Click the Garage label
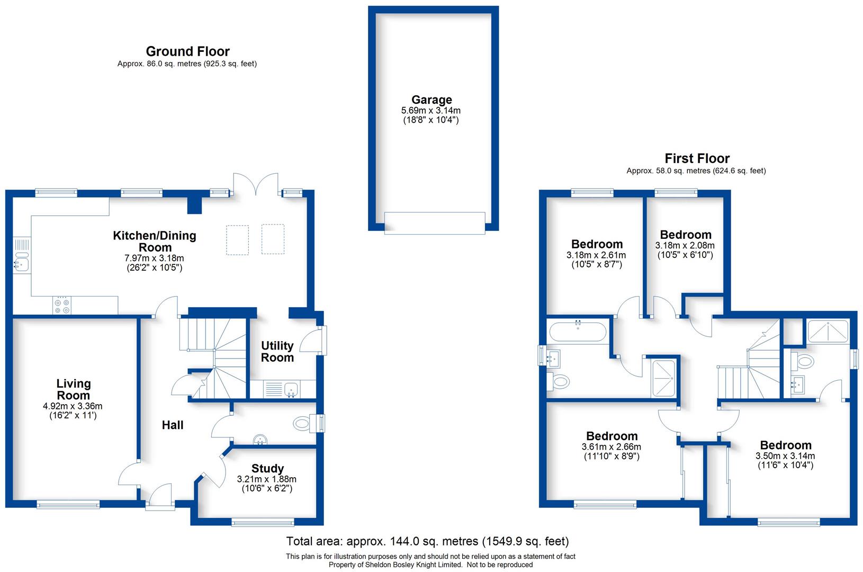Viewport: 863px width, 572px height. [x=432, y=100]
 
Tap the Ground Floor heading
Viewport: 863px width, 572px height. [x=187, y=51]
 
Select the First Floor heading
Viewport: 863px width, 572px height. [x=697, y=158]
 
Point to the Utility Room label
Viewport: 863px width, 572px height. [x=277, y=352]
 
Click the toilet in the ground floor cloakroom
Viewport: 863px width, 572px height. [x=302, y=423]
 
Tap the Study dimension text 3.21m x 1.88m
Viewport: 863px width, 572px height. [x=266, y=479]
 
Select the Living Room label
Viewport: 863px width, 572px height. [x=74, y=389]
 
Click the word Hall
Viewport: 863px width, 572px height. [x=173, y=425]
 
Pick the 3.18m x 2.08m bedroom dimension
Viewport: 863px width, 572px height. [x=685, y=245]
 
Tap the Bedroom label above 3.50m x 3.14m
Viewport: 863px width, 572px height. [x=785, y=445]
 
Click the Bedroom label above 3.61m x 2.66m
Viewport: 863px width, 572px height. [x=612, y=436]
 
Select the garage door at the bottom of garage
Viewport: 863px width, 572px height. [x=434, y=223]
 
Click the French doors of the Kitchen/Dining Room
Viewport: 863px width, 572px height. [x=256, y=185]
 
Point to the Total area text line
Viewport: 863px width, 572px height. [x=427, y=541]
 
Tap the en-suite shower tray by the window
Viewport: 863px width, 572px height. [x=826, y=332]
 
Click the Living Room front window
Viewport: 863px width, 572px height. [x=68, y=505]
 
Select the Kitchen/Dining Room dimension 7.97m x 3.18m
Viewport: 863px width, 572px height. [x=154, y=258]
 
